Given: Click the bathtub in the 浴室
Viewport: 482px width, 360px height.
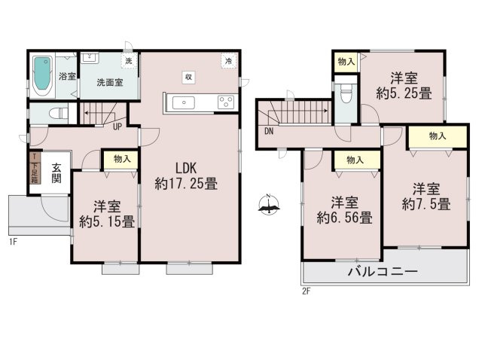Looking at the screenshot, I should [x=42, y=75].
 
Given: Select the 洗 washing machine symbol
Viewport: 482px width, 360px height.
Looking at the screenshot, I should [x=128, y=60].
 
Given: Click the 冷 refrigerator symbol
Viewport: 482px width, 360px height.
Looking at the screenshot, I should [x=227, y=61].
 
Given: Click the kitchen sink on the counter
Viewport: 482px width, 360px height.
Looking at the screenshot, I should [x=185, y=102].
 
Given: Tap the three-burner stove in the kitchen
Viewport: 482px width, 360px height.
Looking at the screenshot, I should [x=225, y=102].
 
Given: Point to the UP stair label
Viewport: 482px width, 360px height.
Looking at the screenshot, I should [x=117, y=126].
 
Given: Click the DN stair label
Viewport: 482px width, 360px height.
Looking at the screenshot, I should [x=269, y=133].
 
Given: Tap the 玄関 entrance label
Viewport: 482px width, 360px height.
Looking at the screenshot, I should [x=56, y=174].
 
